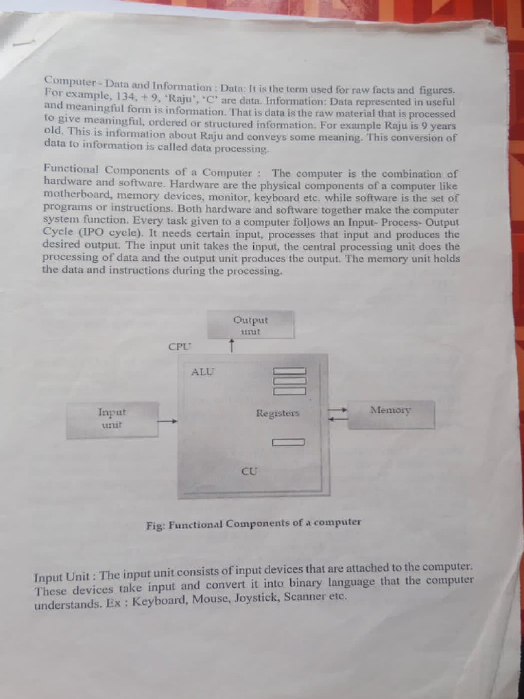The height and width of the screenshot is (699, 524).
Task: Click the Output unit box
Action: click(x=251, y=324)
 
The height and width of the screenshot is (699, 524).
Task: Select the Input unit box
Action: click(x=113, y=420)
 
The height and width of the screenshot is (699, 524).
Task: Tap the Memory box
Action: click(x=391, y=414)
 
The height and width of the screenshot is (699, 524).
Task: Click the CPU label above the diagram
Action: click(x=179, y=346)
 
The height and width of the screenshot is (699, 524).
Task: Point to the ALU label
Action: click(x=203, y=371)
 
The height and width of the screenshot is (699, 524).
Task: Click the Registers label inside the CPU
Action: click(x=278, y=413)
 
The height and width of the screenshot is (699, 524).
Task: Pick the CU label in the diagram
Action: click(x=250, y=471)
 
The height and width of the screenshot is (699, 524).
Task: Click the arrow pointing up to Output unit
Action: click(x=231, y=346)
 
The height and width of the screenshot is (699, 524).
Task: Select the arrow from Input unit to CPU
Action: click(x=169, y=420)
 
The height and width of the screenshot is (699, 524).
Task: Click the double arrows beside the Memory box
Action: click(x=337, y=414)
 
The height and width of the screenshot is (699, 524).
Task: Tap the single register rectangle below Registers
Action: click(x=289, y=442)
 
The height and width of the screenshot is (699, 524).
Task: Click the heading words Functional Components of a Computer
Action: click(x=148, y=171)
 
